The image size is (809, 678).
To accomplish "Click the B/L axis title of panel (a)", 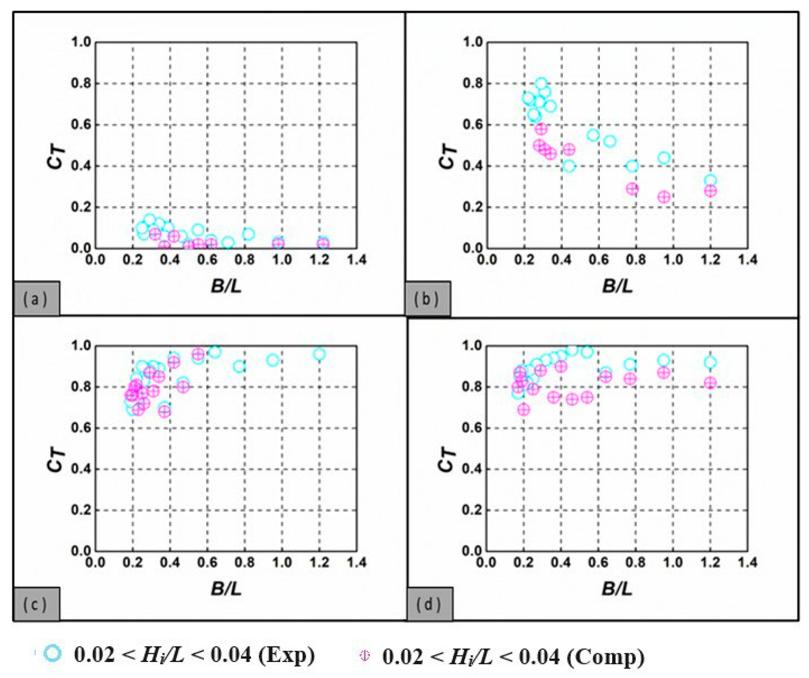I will tap(226, 286).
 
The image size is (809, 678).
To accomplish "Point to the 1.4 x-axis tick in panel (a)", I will tap(357, 259).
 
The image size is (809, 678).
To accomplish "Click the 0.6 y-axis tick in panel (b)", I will tap(472, 125).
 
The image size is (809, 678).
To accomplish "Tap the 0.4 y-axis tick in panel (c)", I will tap(81, 469).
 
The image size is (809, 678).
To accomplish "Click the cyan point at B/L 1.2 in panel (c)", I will tap(319, 354).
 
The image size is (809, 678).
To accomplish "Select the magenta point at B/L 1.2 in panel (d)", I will tap(710, 383).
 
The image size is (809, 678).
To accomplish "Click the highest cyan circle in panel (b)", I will tap(541, 83).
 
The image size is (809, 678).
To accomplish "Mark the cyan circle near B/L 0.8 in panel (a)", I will tap(249, 234).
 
